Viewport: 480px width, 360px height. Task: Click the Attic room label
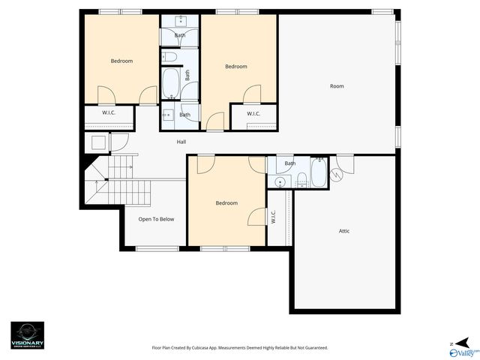coord(344,231)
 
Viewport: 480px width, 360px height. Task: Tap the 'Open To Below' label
coord(156,220)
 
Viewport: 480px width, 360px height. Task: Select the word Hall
coord(181,142)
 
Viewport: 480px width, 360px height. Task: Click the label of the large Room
coord(337,86)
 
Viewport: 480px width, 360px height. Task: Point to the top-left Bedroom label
coord(121,61)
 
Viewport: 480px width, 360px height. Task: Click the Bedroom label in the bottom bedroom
coord(226,203)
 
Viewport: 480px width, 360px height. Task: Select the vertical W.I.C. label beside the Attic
coord(274,217)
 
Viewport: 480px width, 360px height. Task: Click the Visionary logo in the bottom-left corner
coord(27,333)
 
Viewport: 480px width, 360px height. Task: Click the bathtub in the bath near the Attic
coord(318,172)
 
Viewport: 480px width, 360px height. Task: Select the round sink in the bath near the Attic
coord(280,181)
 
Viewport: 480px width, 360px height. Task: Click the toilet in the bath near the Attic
coord(301,179)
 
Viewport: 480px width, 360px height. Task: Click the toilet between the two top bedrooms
coord(170,57)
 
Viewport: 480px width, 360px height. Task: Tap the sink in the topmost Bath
coord(181,19)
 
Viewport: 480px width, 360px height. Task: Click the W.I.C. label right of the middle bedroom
coord(253,114)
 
